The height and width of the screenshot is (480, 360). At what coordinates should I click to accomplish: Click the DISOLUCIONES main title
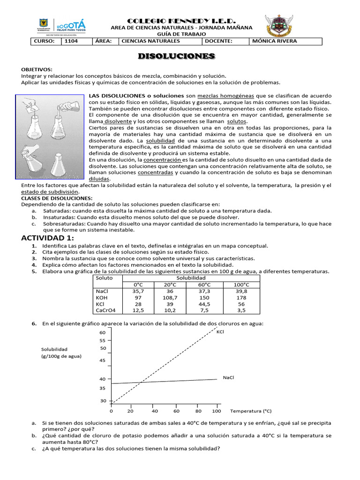pos(176,56)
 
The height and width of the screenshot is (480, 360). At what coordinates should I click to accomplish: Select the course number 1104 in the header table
pos(71,41)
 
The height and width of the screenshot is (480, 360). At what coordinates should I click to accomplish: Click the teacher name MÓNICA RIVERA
pos(274,41)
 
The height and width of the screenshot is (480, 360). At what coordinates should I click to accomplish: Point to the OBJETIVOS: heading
pos(37,69)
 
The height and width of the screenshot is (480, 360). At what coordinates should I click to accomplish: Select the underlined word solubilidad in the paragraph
pos(161,141)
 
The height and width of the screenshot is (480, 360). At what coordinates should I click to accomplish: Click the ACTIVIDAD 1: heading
pos(48,238)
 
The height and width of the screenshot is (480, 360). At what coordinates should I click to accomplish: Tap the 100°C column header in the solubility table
pos(241,285)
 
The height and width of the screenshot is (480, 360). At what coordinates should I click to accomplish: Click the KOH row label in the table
pos(102,298)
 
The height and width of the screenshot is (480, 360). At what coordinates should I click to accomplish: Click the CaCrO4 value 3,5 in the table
pos(241,310)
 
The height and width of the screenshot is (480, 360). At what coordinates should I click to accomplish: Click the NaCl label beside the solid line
pos(228,377)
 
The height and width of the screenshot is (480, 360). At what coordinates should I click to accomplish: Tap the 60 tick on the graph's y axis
pos(103,332)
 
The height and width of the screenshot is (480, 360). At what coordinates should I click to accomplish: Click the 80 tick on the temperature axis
pos(198,411)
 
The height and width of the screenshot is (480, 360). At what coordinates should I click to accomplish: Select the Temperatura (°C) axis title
pos(251,411)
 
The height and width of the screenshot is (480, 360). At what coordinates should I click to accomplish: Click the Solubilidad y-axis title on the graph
pos(54,349)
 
